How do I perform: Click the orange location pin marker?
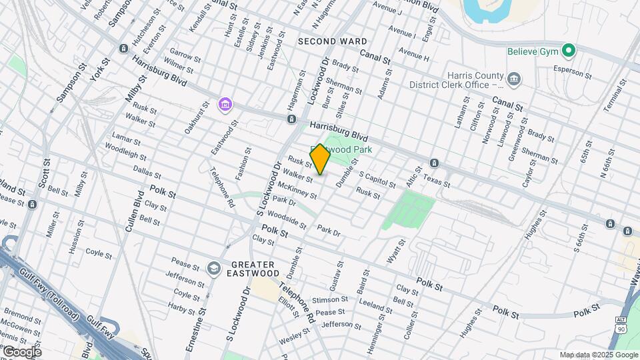pos(320,159)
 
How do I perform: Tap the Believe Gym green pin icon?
pos(568,50)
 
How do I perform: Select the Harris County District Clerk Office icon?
pos(514,80)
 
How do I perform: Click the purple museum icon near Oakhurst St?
pos(225,105)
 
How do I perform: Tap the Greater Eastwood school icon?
pos(214,268)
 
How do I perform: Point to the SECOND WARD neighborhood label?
pos(332,41)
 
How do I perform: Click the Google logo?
pos(21,351)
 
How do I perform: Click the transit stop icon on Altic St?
pos(434,163)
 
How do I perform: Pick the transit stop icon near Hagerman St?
pos(291,119)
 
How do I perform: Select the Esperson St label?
pos(573,71)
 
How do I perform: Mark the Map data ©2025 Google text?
pos(598,355)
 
